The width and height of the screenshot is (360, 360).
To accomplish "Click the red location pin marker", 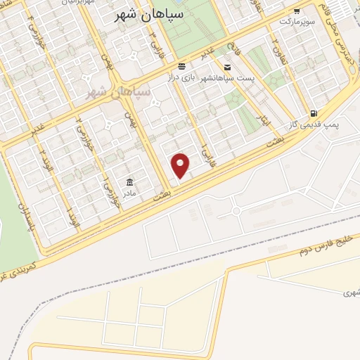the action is (181, 165).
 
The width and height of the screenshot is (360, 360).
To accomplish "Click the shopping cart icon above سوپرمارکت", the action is (297, 11).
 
